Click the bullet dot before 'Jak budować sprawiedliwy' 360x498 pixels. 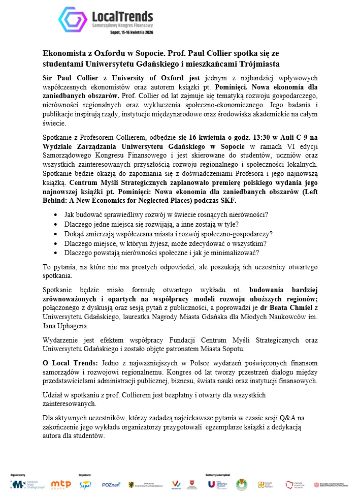pos(55,214)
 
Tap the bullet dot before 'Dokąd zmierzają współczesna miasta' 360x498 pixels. pos(55,234)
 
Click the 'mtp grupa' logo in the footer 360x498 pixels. pos(60,484)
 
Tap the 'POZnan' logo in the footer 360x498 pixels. pos(110,484)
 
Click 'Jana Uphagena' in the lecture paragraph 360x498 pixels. pos(66,326)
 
